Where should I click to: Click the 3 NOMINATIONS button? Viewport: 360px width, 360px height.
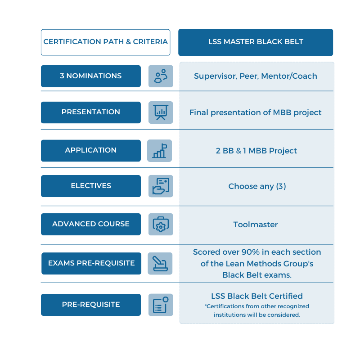[90, 76]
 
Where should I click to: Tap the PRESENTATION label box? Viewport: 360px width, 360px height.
[90, 112]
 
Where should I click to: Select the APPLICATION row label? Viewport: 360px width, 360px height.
[90, 150]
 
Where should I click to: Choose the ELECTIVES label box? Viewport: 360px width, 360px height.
[90, 186]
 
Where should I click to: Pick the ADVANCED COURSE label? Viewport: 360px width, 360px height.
[90, 224]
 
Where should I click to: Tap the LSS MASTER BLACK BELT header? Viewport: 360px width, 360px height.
[256, 42]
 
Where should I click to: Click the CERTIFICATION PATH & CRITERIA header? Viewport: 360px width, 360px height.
[105, 42]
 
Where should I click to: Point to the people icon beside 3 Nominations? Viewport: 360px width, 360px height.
[161, 76]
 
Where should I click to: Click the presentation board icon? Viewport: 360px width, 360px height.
[161, 112]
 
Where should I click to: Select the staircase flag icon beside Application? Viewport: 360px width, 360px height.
[160, 150]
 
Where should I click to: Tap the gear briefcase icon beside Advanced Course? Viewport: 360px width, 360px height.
[161, 224]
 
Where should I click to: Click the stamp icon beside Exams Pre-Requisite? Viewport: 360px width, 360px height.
[160, 263]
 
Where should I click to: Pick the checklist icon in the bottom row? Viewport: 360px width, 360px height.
[161, 305]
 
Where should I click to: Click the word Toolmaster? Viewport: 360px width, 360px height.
[256, 224]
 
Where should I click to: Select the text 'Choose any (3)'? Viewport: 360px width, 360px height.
[257, 186]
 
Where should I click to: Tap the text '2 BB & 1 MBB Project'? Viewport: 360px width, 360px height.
[256, 150]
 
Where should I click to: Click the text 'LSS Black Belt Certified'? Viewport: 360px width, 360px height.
[257, 296]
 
